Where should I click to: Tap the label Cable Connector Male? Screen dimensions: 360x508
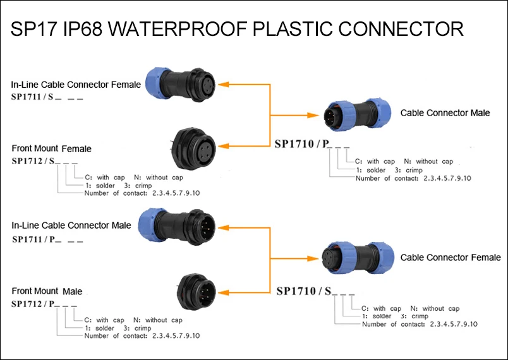(x=445, y=113)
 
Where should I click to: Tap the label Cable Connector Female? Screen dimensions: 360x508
(x=450, y=257)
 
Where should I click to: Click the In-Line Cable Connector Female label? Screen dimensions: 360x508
(x=76, y=84)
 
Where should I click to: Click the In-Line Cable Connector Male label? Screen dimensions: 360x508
(x=71, y=225)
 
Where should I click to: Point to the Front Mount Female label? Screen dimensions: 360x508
(x=51, y=149)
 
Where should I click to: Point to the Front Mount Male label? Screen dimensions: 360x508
(x=47, y=291)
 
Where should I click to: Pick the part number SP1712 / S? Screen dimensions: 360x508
(x=33, y=162)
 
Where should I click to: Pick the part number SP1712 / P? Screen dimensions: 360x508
(x=34, y=304)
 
